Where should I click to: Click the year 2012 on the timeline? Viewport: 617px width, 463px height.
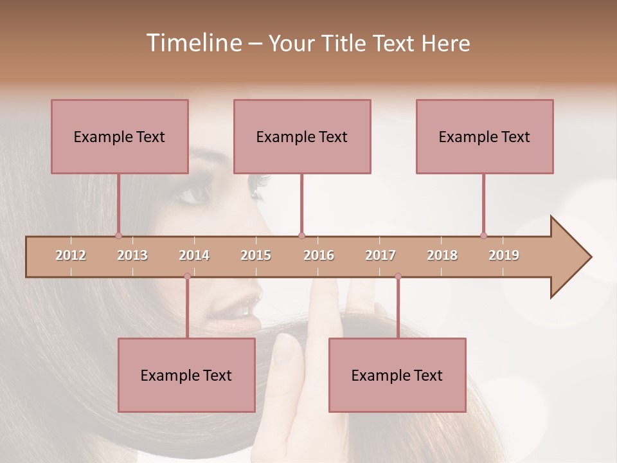point(71,256)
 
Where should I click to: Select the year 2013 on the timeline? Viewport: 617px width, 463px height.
point(132,256)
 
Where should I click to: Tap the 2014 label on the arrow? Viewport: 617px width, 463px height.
point(194,256)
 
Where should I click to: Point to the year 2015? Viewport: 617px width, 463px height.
point(256,256)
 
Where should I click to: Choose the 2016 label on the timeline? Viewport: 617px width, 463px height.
point(319,256)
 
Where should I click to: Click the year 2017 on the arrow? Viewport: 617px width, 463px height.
point(380,256)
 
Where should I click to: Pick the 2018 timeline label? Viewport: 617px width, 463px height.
point(442,256)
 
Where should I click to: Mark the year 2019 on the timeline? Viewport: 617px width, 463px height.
point(504,256)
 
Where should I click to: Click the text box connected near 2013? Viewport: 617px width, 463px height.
point(120,136)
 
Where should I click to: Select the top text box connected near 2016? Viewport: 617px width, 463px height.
point(302,136)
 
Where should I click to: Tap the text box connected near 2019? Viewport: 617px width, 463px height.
point(485,136)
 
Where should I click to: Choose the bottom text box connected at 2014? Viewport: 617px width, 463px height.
point(186,375)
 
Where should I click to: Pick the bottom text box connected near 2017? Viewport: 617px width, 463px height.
point(397,375)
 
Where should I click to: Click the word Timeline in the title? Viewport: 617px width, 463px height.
point(192,43)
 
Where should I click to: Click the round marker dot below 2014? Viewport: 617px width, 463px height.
point(187,277)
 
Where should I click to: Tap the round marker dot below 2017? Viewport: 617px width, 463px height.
point(398,277)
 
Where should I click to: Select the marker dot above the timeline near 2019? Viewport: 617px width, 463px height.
point(483,235)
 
